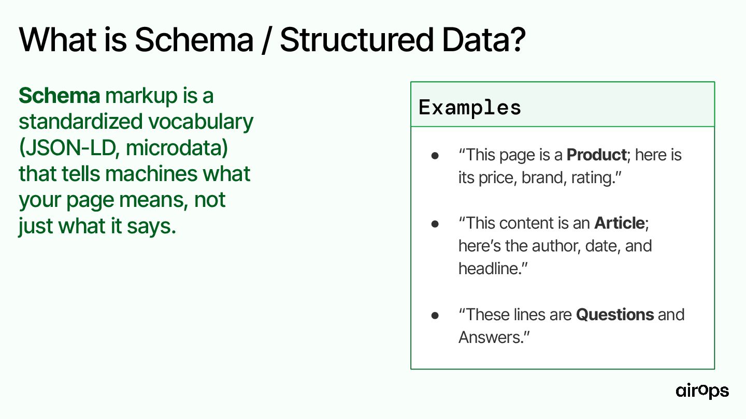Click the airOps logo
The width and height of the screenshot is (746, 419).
pos(702,391)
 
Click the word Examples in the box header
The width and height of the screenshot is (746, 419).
pos(469,108)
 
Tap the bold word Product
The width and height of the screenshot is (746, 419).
pos(597,155)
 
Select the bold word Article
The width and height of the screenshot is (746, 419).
pos(620,223)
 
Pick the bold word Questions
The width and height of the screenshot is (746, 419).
pos(615,315)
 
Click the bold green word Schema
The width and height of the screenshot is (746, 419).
pos(59,96)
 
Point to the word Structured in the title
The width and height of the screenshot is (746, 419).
pos(356,40)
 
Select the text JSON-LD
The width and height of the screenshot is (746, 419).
pos(69,147)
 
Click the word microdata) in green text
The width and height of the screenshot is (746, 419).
pos(177,147)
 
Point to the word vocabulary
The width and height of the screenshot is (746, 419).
pos(201,122)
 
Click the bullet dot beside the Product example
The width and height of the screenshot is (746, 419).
pos(435,155)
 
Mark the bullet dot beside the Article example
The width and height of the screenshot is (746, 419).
pos(435,224)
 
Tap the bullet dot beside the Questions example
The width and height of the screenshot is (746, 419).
pos(435,315)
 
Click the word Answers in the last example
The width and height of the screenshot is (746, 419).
pos(489,337)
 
